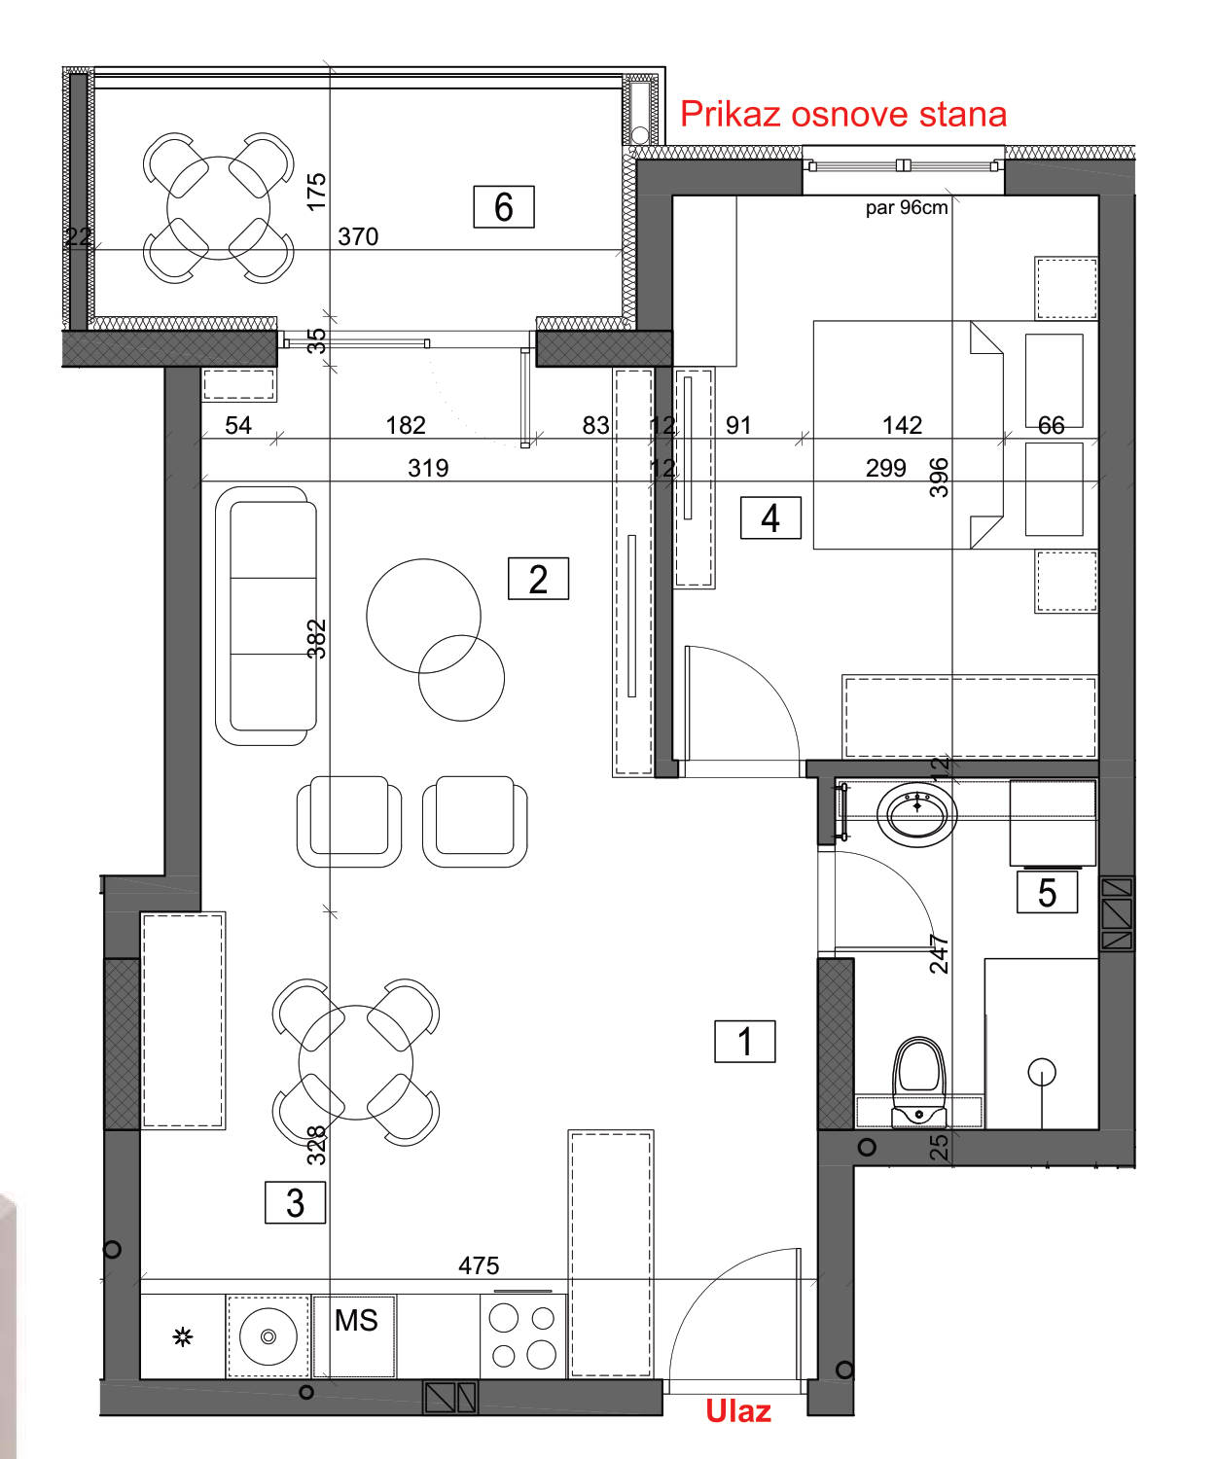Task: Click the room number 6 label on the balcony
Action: tap(503, 207)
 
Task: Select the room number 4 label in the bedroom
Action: tap(770, 517)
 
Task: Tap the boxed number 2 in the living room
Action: tap(537, 579)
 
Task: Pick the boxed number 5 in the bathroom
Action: tap(1047, 892)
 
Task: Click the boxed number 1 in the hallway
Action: tap(744, 1041)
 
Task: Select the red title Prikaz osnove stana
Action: tap(843, 114)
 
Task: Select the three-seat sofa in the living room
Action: tap(266, 616)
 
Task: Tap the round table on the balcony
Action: tap(218, 207)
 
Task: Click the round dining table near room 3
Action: tap(355, 1062)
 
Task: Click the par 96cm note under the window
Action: tap(907, 207)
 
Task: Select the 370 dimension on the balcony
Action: tap(358, 237)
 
